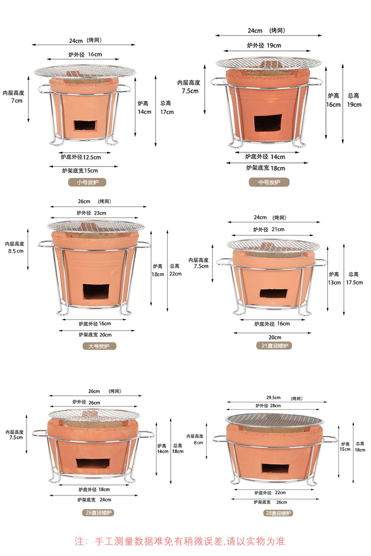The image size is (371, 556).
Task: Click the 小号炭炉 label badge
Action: point(88,182)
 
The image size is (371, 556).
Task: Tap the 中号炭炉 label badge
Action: point(269,182)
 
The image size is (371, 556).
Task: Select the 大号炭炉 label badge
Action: point(99,346)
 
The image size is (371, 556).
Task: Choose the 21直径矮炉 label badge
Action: point(275,346)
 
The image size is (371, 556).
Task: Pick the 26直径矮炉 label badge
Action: point(98,513)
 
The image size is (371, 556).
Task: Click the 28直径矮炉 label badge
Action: point(278,513)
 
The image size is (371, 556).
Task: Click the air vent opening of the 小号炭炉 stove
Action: point(85,125)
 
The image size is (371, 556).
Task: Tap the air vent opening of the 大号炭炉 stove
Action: point(96,292)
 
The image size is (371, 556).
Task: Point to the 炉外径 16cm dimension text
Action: point(85,54)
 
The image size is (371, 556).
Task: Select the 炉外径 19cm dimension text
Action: point(264,45)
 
